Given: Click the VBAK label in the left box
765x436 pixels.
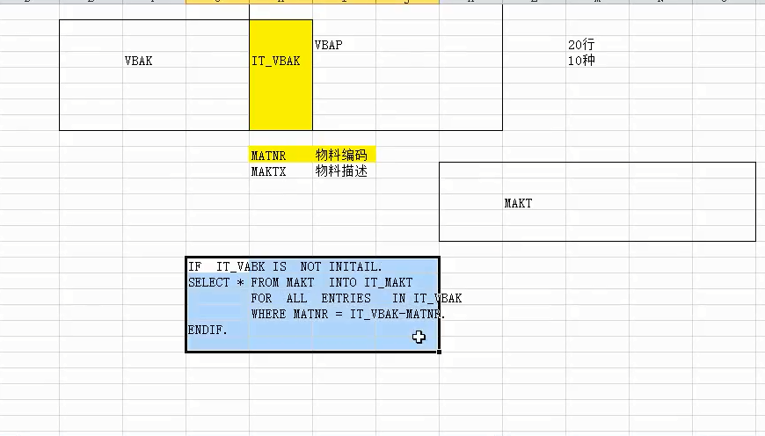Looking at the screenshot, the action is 138,62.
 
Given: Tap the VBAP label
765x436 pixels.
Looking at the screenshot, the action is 328,45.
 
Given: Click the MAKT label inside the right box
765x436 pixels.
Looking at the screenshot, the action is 518,203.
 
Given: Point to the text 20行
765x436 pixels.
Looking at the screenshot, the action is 581,45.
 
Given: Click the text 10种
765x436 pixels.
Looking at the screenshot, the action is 581,62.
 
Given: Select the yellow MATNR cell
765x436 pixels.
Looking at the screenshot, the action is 268,156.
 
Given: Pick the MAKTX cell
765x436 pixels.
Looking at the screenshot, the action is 268,172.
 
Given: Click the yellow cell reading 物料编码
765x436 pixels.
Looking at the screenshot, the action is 341,156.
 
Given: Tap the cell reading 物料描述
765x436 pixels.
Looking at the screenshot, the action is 341,172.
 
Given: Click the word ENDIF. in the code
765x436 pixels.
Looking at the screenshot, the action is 208,330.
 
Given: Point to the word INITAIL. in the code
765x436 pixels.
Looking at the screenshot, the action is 355,266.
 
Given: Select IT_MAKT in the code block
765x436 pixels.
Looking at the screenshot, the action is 388,282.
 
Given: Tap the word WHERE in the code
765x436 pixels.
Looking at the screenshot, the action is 268,314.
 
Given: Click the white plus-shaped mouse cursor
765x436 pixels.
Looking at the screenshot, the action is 419,337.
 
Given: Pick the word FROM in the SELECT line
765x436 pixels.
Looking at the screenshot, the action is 265,282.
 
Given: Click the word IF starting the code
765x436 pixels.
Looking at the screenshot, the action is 194,266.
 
